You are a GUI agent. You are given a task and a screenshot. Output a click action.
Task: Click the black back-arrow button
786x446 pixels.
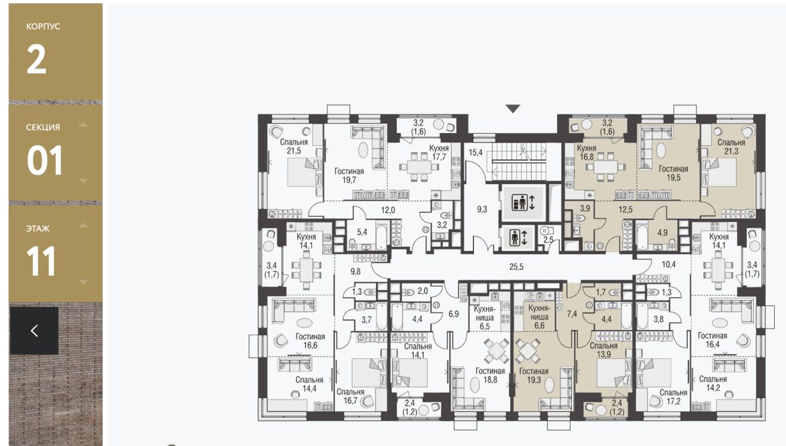34,331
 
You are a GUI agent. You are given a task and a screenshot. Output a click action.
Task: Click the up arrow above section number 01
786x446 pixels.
83,124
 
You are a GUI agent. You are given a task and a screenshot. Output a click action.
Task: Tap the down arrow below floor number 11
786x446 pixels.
83,282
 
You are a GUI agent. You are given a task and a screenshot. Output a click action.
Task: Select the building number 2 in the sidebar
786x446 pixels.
37,60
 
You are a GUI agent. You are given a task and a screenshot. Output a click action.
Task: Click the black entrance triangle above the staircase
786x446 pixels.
513,109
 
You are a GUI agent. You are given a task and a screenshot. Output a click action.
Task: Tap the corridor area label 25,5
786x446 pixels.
516,267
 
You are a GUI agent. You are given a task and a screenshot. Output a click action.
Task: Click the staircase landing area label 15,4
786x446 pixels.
476,153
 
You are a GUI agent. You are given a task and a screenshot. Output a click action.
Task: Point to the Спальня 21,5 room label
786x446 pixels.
293,146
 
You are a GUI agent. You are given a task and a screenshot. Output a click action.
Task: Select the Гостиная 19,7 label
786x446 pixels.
349,176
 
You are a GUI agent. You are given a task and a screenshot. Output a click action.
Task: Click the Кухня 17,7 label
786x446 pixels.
439,153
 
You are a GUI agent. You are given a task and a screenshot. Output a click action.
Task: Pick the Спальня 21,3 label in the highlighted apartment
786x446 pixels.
731,147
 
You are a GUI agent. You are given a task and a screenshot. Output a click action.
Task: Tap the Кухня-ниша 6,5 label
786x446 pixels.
485,318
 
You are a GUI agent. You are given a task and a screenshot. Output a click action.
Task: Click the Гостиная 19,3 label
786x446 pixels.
534,375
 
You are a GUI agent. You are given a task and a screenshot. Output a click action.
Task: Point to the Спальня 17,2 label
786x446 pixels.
673,396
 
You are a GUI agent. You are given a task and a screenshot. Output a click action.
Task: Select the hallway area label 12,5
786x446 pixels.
626,210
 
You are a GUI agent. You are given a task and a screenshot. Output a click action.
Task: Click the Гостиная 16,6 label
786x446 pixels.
310,341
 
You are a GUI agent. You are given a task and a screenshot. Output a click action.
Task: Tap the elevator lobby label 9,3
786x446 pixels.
482,210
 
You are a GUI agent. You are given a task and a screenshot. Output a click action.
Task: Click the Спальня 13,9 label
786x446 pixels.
603,350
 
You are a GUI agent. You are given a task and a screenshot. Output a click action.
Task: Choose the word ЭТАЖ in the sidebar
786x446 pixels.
37,229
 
